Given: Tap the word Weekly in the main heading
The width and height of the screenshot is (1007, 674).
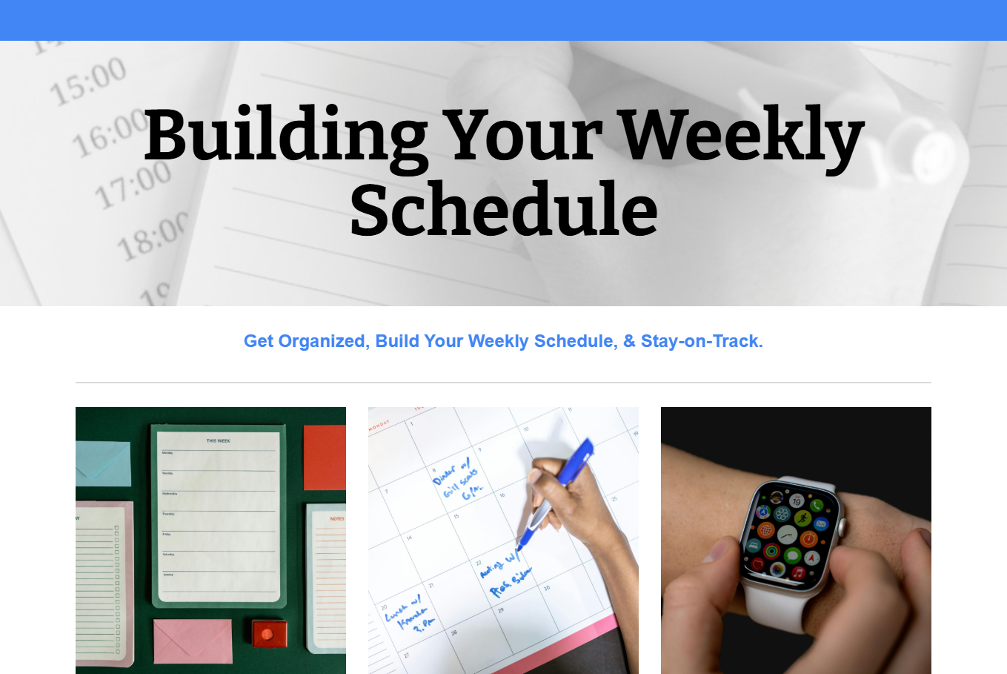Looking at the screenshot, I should pos(741,135).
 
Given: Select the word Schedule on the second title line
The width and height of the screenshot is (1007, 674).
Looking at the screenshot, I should pos(503,210).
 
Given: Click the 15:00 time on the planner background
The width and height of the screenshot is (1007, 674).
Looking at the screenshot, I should pos(87,82).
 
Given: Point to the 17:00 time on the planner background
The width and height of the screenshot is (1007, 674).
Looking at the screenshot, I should pos(133,185).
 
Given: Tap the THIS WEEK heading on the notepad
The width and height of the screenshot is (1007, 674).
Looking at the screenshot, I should pos(218,440).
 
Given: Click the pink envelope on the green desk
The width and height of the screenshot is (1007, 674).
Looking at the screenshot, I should pos(193,641).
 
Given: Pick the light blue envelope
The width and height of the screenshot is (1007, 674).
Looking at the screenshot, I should pos(103,463).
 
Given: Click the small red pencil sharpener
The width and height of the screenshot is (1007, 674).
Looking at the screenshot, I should pos(269,635).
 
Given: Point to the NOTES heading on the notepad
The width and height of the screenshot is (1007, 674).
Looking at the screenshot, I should pos(337,519).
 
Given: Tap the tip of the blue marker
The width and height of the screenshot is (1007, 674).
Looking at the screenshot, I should pos(519,547).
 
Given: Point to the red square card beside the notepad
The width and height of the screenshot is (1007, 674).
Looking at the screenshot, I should pos(325,457).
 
